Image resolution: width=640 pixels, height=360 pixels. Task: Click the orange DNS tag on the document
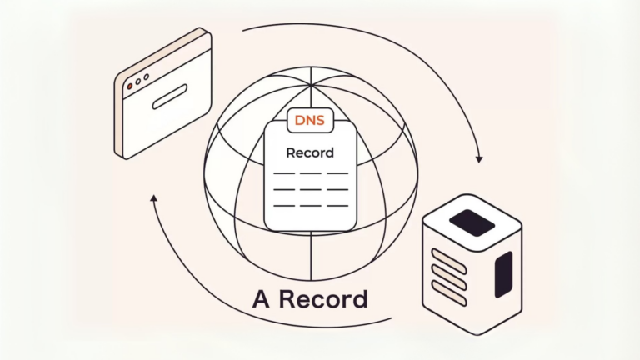[x=310, y=121]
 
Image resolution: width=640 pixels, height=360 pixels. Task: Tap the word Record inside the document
[x=310, y=152]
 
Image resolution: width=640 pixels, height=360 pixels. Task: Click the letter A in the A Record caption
[x=263, y=298]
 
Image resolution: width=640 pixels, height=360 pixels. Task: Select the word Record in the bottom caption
[x=324, y=298]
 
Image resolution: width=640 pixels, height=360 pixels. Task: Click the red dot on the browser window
[x=129, y=86]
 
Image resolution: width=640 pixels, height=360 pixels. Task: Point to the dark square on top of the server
[x=472, y=222]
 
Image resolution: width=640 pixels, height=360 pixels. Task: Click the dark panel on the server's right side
[x=503, y=274]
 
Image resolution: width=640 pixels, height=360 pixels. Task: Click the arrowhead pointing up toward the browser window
[x=154, y=199]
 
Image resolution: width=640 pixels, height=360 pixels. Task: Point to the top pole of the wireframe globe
[x=311, y=87]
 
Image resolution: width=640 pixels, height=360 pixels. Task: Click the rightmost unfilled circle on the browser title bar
[x=147, y=77]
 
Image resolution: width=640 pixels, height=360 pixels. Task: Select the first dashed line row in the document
[x=310, y=173]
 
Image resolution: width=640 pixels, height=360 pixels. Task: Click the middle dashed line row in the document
[x=310, y=189]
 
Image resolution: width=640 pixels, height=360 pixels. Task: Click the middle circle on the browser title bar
[x=138, y=82]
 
